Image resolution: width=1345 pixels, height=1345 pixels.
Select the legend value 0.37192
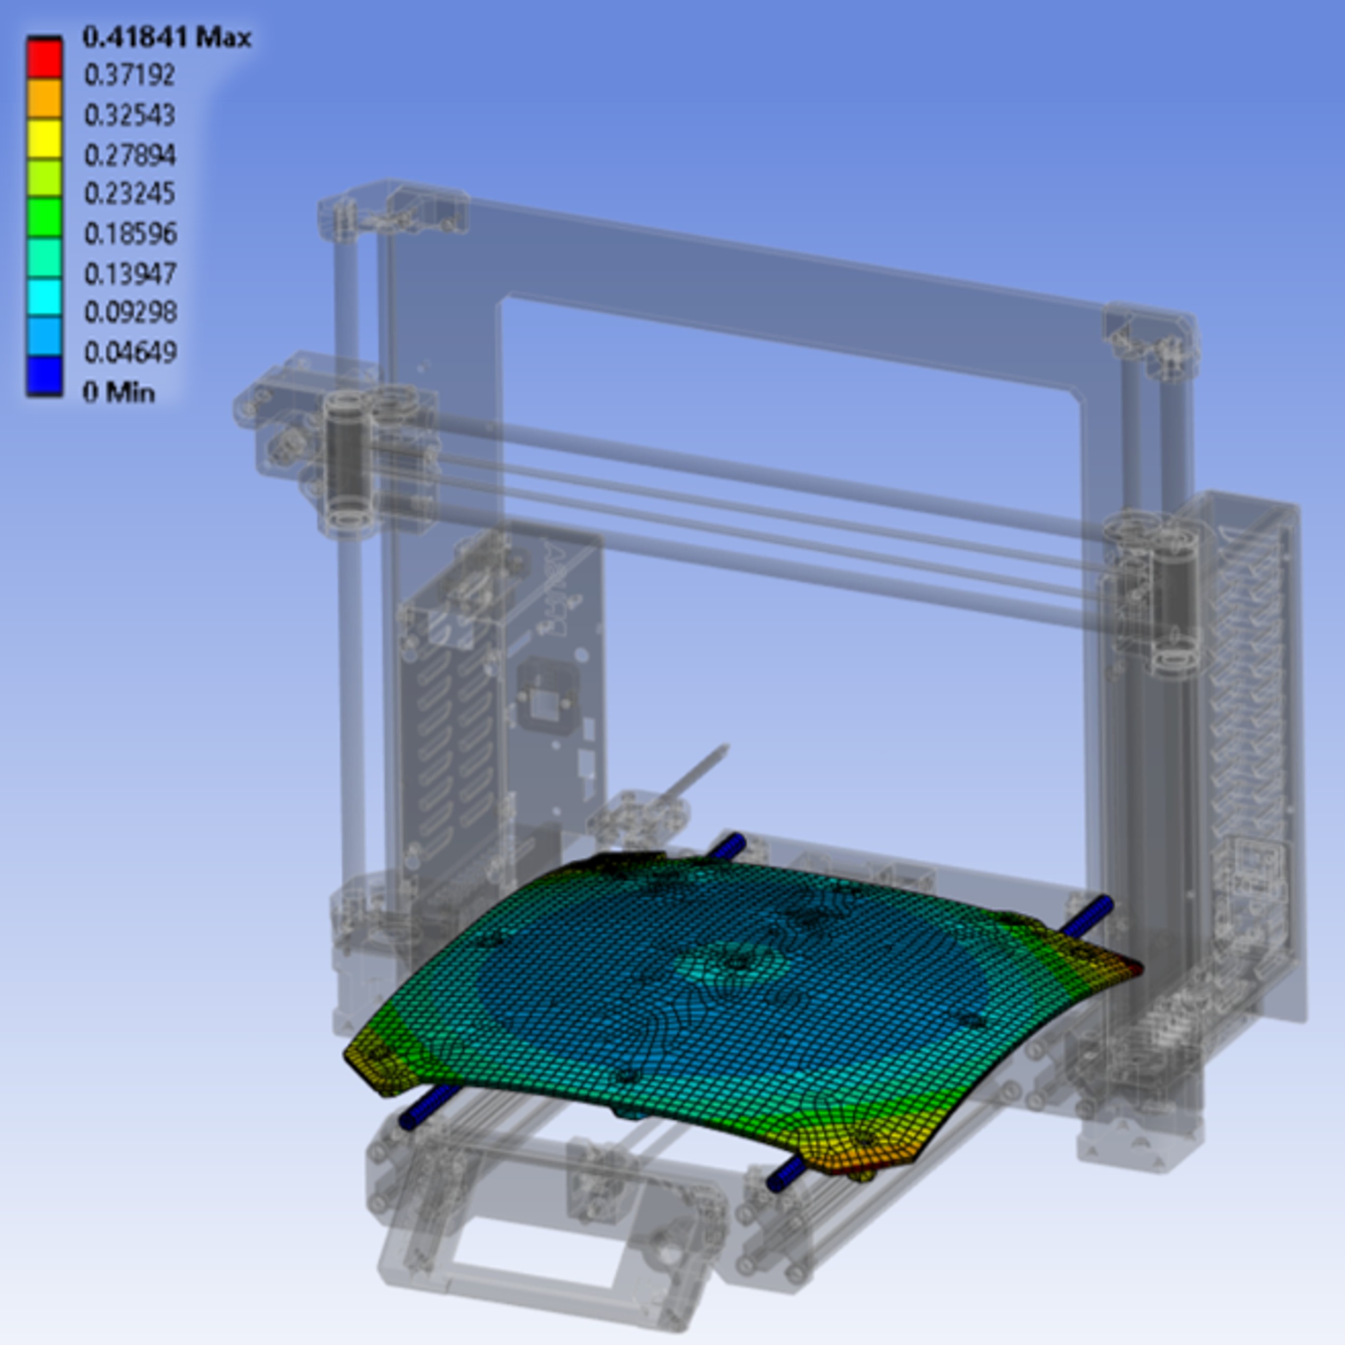click(x=129, y=75)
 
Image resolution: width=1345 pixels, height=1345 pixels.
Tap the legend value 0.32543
click(x=129, y=115)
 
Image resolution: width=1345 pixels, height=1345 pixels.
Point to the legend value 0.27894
click(x=129, y=155)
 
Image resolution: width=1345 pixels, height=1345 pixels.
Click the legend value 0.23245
click(x=129, y=194)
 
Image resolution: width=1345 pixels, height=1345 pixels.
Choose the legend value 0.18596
click(x=130, y=233)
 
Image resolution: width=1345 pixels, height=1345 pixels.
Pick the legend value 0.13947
click(x=130, y=273)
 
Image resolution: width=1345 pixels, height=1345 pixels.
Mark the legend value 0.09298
click(x=130, y=313)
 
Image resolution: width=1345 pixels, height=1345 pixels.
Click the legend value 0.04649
click(x=130, y=352)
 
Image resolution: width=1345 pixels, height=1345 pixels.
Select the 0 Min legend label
click(x=119, y=393)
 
